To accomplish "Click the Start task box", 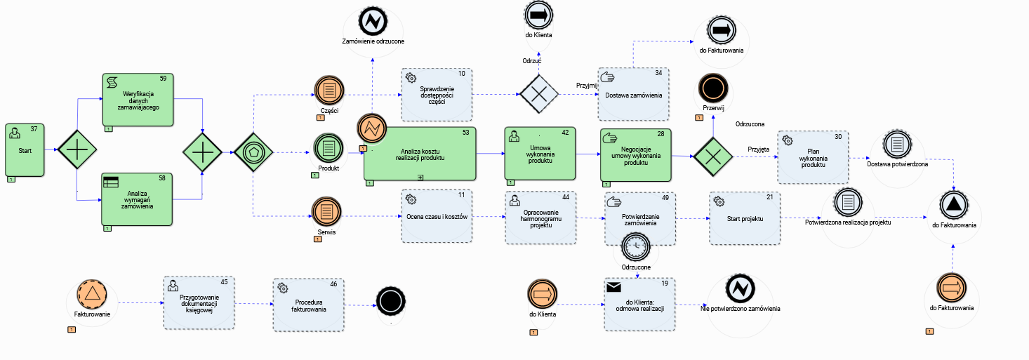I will coord(26,150).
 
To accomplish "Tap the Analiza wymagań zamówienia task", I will coord(138,199).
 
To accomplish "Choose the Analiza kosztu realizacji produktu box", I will coord(420,154).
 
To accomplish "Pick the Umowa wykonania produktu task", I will coord(539,154).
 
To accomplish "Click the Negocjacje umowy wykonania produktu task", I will coord(635,154).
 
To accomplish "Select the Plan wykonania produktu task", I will coord(812,156).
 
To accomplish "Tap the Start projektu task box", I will coord(745,218).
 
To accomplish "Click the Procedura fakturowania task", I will coord(309,304).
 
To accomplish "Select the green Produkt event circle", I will coord(327,148).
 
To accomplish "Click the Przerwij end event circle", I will coord(713,90).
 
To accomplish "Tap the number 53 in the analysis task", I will coord(466,132).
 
